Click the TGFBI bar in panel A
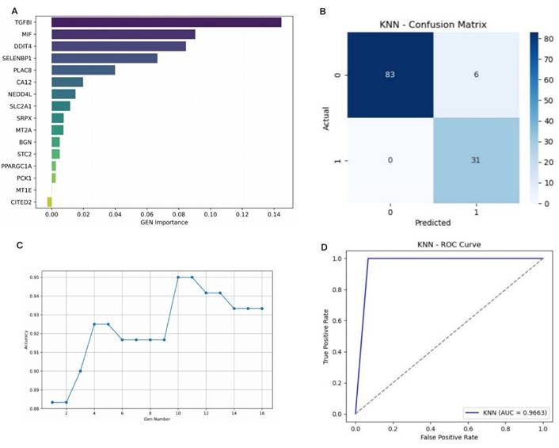[166, 21]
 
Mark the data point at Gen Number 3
[80, 370]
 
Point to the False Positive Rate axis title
[448, 437]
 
